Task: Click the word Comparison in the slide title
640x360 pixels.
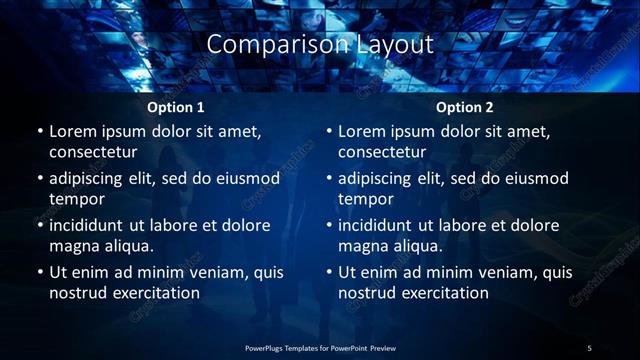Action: click(267, 45)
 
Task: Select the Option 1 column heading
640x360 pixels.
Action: click(176, 107)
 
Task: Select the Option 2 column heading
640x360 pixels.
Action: click(465, 107)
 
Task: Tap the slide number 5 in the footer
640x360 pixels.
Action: click(589, 348)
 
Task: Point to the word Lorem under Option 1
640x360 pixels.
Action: click(72, 131)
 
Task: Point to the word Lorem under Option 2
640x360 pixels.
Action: click(361, 131)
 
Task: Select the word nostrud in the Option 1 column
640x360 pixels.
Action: click(77, 293)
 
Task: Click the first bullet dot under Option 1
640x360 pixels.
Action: click(40, 131)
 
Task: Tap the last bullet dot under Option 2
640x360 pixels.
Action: click(329, 272)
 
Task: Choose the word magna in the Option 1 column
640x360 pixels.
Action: click(75, 245)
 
